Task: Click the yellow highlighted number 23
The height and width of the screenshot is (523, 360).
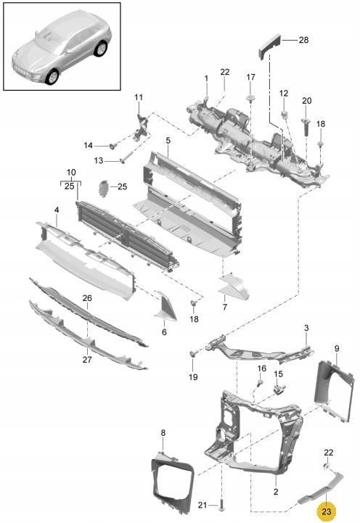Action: [x=327, y=511]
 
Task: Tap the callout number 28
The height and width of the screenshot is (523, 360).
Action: [x=303, y=40]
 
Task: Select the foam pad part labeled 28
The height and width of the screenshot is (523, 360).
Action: [x=269, y=46]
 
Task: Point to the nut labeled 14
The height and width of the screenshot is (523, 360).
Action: [x=114, y=145]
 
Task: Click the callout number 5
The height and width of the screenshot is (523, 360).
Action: [x=168, y=141]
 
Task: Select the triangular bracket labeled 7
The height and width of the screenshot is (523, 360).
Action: [x=234, y=287]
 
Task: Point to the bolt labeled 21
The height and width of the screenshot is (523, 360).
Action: [x=222, y=505]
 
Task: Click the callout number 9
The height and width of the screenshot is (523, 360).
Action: [x=337, y=349]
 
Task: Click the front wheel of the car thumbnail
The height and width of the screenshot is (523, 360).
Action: [x=52, y=76]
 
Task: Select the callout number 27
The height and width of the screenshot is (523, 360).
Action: [x=87, y=360]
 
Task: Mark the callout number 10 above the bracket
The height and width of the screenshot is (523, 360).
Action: [x=71, y=173]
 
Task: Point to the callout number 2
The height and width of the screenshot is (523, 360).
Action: [x=276, y=492]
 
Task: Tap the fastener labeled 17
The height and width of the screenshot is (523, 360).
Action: [x=250, y=97]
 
